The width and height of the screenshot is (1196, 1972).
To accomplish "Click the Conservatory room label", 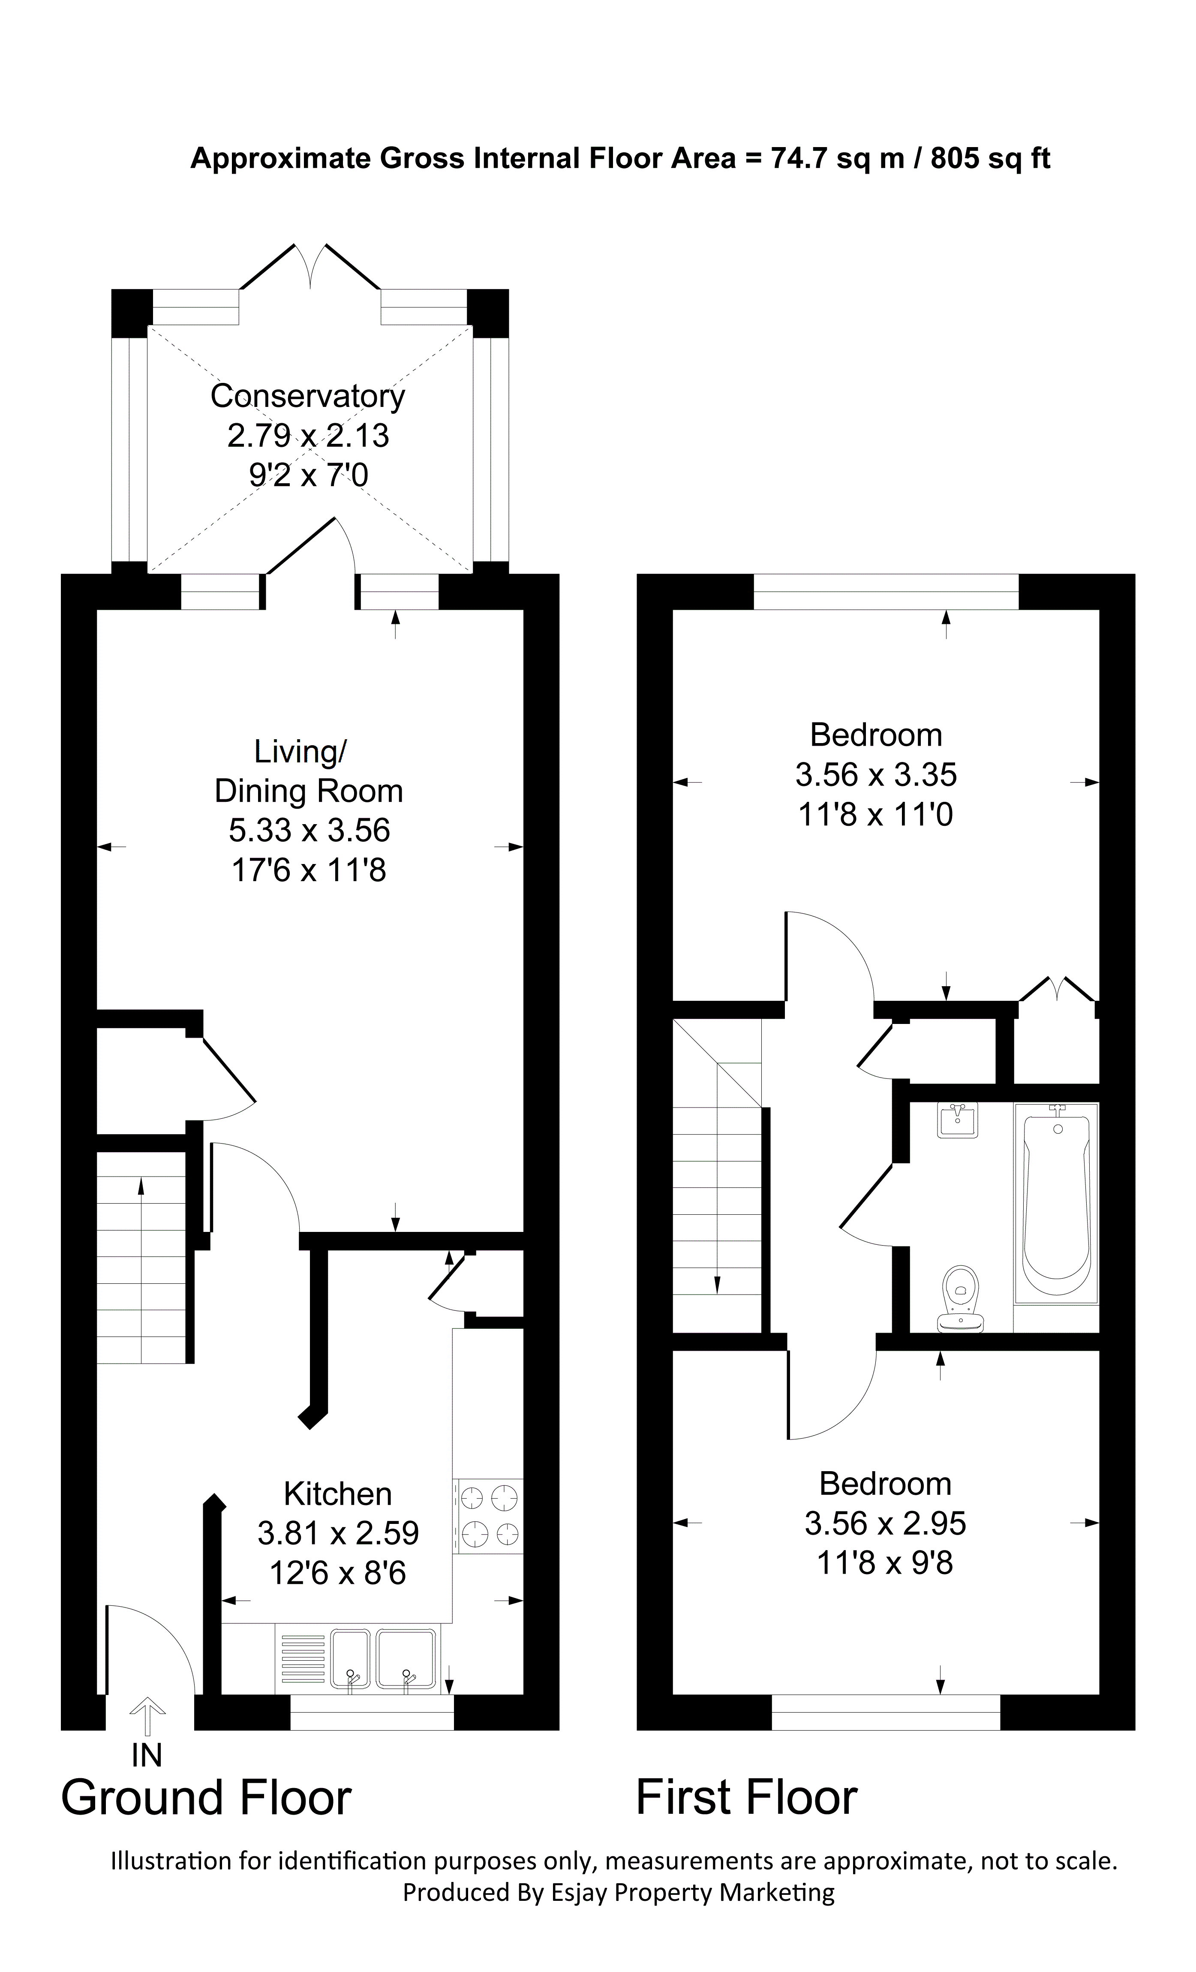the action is (x=307, y=396).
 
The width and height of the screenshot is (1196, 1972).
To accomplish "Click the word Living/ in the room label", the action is (x=300, y=752).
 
